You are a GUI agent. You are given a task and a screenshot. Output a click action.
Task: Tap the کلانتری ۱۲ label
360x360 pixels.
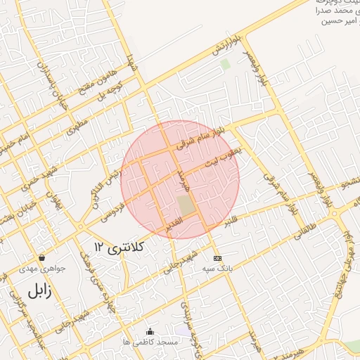point(119,247)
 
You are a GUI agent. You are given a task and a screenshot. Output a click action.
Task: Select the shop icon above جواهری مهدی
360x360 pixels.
point(41,257)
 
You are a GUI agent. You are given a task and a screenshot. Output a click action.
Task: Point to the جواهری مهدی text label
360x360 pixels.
point(41,269)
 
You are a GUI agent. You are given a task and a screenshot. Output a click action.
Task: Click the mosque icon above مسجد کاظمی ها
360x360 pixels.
point(149,331)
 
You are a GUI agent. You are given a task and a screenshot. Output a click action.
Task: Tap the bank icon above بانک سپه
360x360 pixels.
point(217,257)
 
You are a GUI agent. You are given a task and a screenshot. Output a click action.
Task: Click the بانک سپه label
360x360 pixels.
point(217,269)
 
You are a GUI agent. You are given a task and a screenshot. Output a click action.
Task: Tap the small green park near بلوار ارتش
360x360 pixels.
point(225,64)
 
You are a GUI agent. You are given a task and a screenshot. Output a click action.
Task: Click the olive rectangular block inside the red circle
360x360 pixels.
point(186,206)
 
